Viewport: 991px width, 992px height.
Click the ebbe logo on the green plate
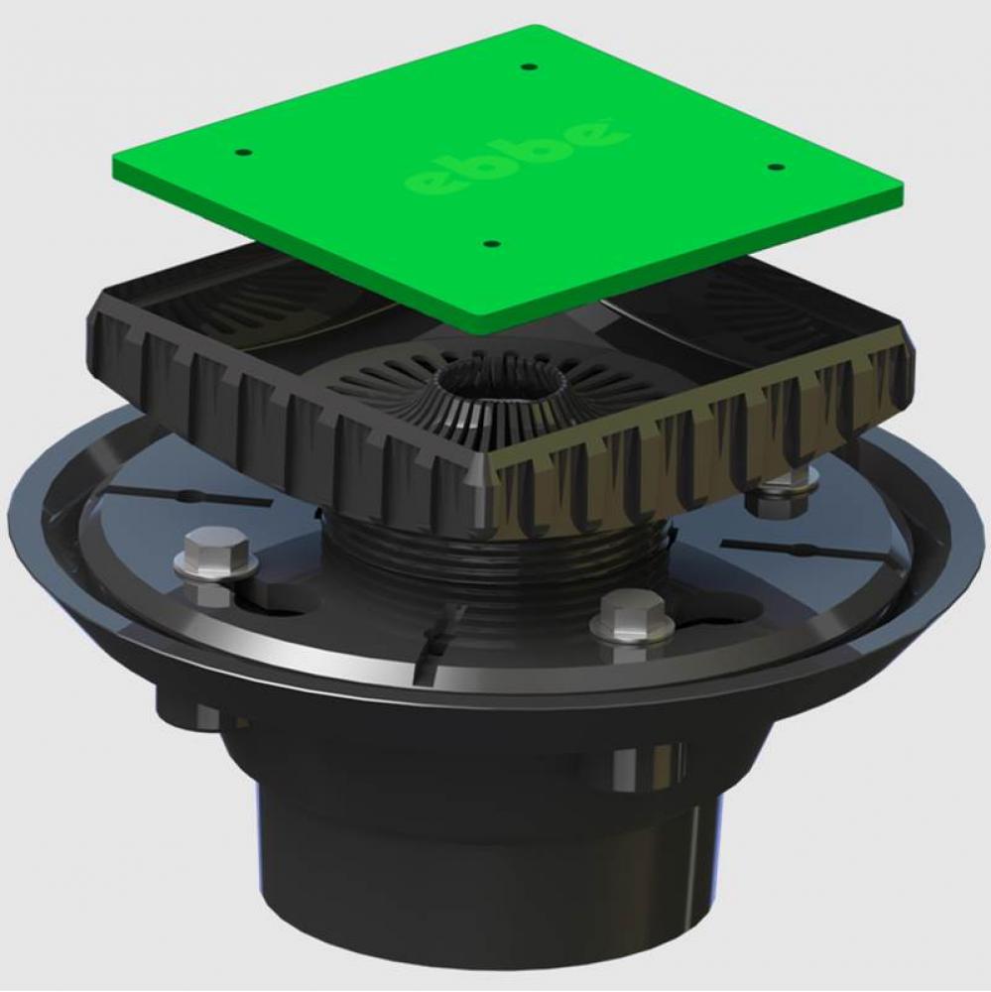point(516,155)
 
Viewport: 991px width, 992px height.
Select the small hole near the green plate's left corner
point(243,154)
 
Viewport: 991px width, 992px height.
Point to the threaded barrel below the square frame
point(496,575)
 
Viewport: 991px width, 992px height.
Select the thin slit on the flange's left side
point(188,495)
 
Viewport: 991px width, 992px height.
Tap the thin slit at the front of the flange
point(436,645)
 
